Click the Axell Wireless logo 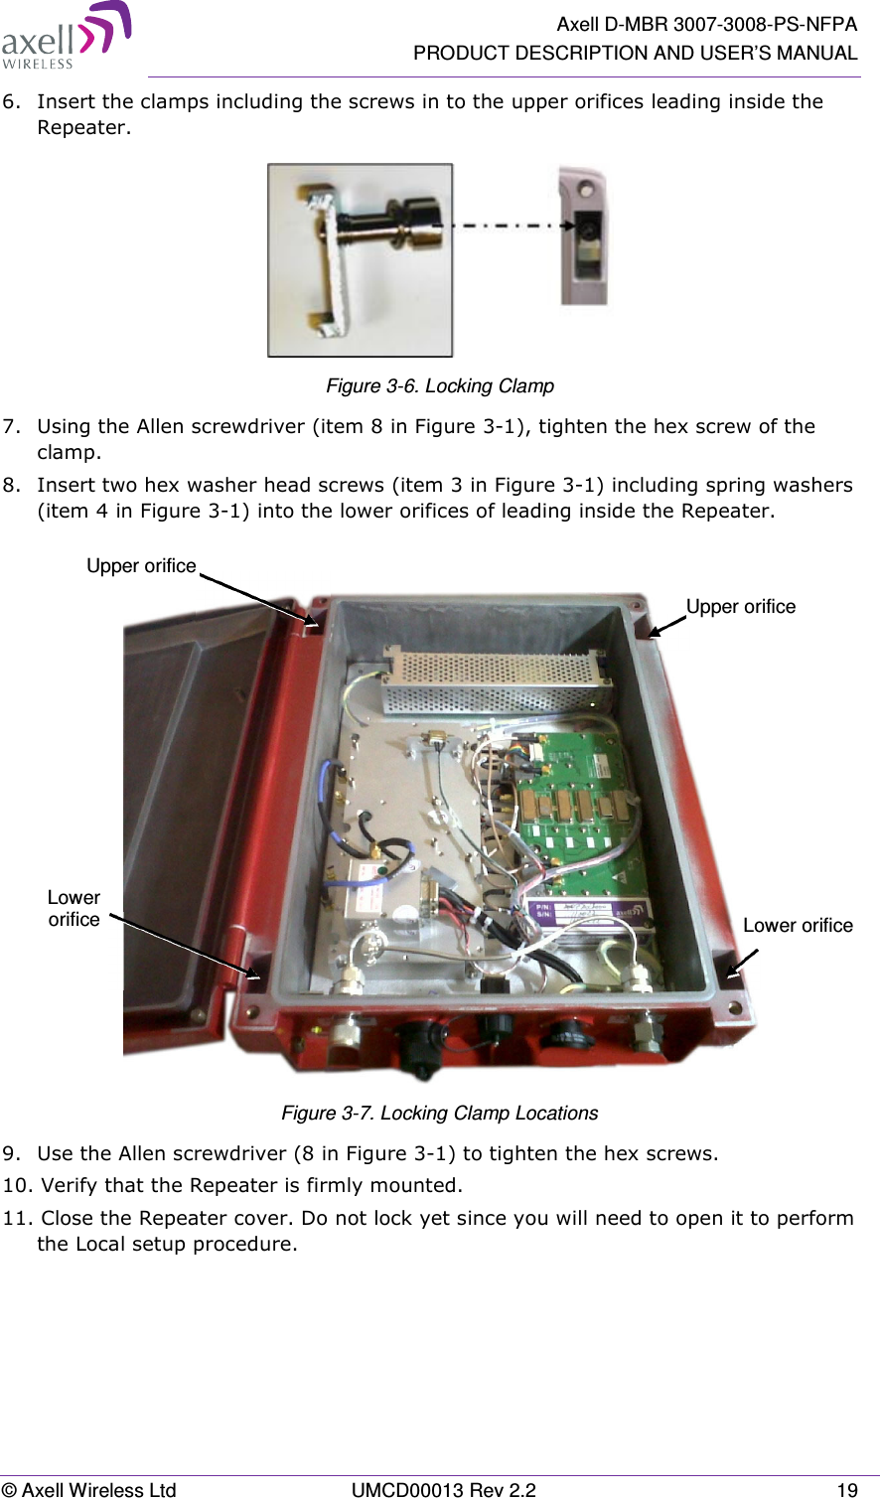coord(66,36)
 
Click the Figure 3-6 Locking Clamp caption coord(440,385)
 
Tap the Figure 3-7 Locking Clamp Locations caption coord(440,1113)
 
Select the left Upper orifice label coord(141,565)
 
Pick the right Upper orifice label coord(741,606)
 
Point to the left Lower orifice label coord(73,908)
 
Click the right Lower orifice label coord(798,925)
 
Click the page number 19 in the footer coord(846,1489)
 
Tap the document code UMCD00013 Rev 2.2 coord(444,1489)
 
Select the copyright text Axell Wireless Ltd coord(88,1489)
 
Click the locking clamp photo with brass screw coord(360,260)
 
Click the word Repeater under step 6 coord(82,127)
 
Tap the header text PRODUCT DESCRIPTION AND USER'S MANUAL coord(636,53)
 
